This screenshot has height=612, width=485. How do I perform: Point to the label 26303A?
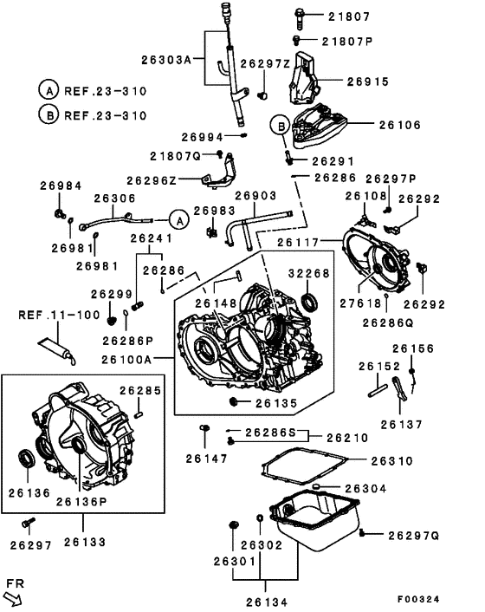point(166,60)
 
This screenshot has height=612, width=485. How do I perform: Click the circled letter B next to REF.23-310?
point(48,114)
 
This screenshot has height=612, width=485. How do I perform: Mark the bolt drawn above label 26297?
point(29,523)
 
